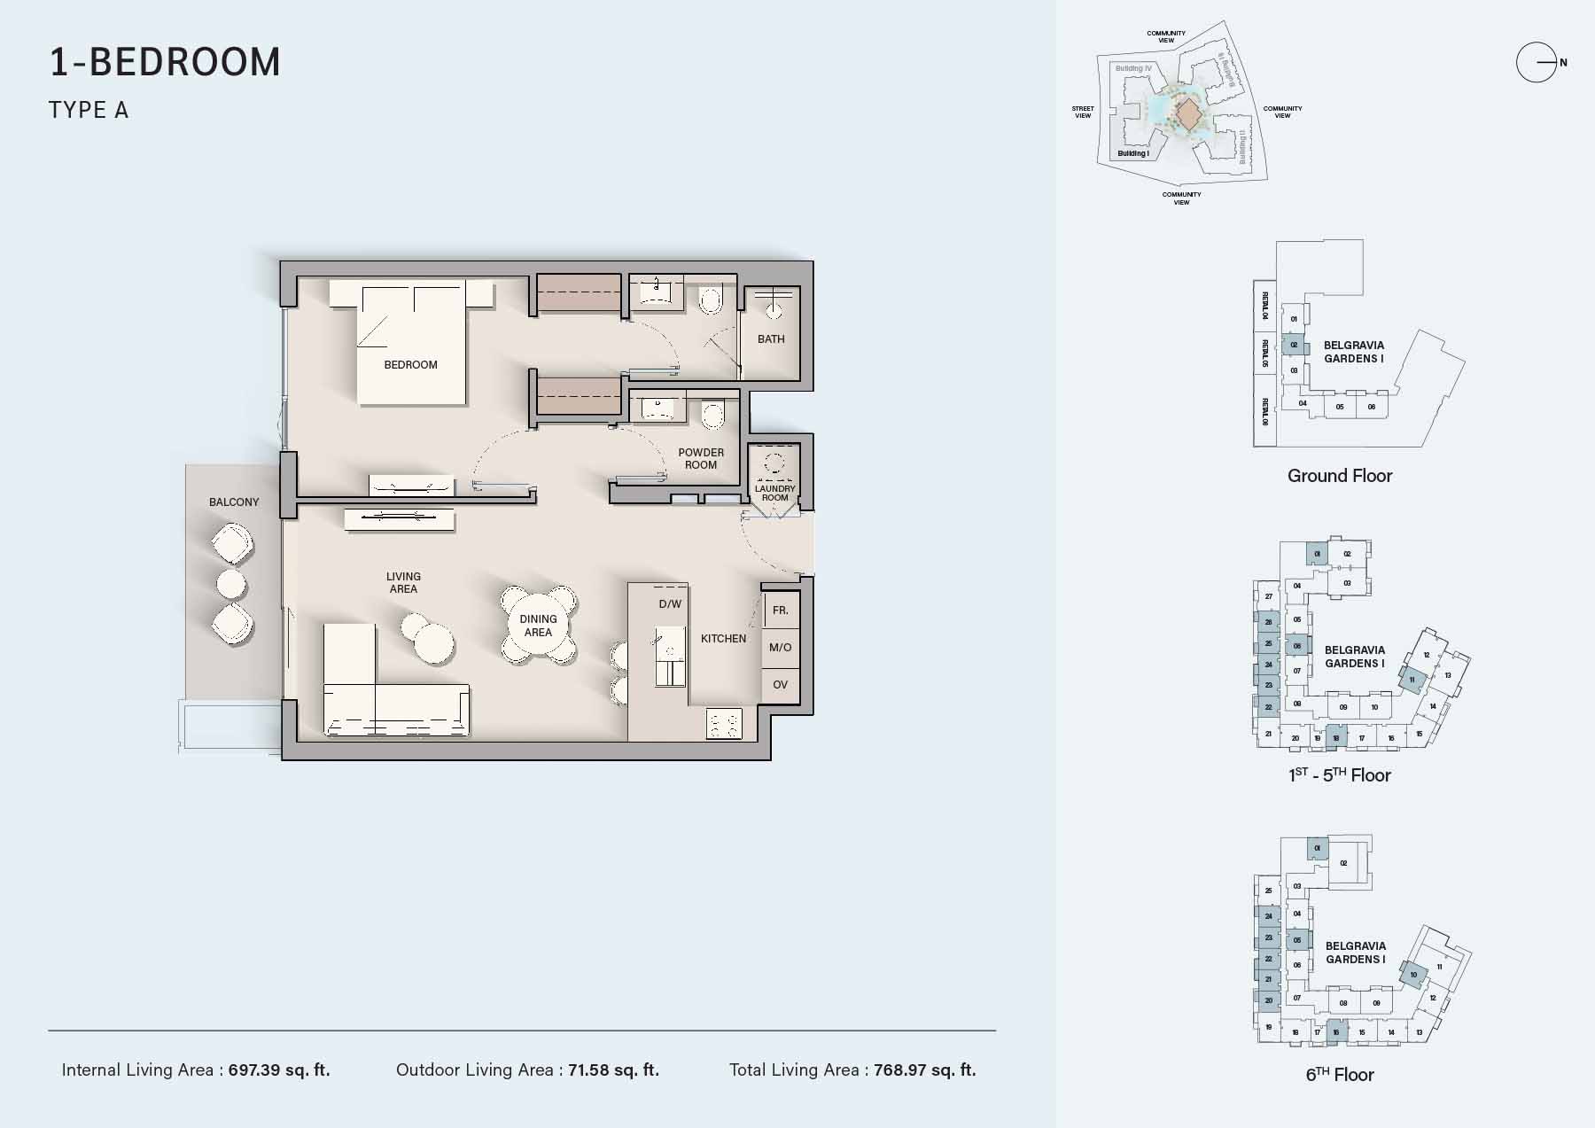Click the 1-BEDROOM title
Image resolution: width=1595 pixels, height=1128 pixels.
165,62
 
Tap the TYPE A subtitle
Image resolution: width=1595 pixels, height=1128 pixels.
89,110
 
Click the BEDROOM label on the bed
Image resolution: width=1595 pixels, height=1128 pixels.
410,364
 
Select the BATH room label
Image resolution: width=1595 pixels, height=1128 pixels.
771,338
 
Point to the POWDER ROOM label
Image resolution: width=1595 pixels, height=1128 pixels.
701,458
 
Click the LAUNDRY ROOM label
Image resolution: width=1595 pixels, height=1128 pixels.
774,493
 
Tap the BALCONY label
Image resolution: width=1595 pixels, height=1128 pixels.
234,502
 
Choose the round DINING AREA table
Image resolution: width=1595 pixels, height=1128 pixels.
538,626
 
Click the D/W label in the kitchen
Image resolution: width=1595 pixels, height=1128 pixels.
670,604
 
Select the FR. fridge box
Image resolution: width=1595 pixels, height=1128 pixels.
781,611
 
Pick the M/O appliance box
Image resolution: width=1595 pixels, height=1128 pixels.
781,648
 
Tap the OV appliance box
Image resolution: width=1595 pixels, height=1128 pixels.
781,685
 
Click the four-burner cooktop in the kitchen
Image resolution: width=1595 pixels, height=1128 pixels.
723,724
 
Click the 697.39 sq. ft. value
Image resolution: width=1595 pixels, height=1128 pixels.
279,1070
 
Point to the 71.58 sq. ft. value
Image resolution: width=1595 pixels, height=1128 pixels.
613,1070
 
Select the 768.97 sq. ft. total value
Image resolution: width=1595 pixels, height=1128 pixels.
924,1070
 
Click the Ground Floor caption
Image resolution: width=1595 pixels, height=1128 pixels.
1339,476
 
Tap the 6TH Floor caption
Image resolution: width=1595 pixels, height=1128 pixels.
1339,1075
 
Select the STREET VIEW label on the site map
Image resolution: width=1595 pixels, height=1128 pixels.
1083,112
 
